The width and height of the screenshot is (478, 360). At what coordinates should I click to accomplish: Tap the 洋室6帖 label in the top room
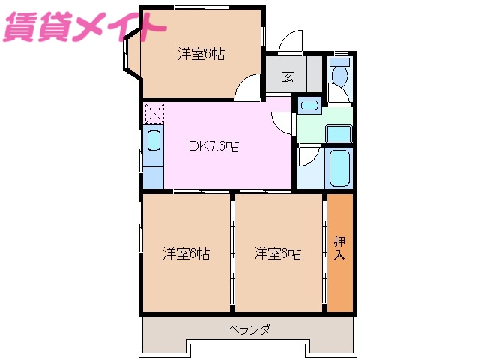point(202,54)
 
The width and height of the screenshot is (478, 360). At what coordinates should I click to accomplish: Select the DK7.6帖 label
point(214,147)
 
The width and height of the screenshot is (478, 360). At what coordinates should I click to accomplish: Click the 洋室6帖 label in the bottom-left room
point(187,253)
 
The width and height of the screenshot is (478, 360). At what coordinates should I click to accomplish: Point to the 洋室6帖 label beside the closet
point(277,253)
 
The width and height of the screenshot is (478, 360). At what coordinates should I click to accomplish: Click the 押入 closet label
point(339,248)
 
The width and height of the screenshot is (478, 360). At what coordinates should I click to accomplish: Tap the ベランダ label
point(249,329)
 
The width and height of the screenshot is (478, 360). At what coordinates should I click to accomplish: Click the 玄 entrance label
point(288,76)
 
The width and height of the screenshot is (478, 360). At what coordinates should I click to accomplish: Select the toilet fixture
point(340,73)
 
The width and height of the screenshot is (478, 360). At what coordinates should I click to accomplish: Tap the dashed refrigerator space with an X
point(154,113)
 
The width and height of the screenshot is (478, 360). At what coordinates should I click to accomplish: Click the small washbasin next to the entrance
point(309,105)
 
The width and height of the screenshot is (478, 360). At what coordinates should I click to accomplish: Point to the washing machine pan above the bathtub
point(339,133)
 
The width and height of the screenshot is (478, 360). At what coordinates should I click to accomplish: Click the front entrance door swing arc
point(290,42)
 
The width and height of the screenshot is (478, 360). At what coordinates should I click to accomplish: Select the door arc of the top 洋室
point(246,89)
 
